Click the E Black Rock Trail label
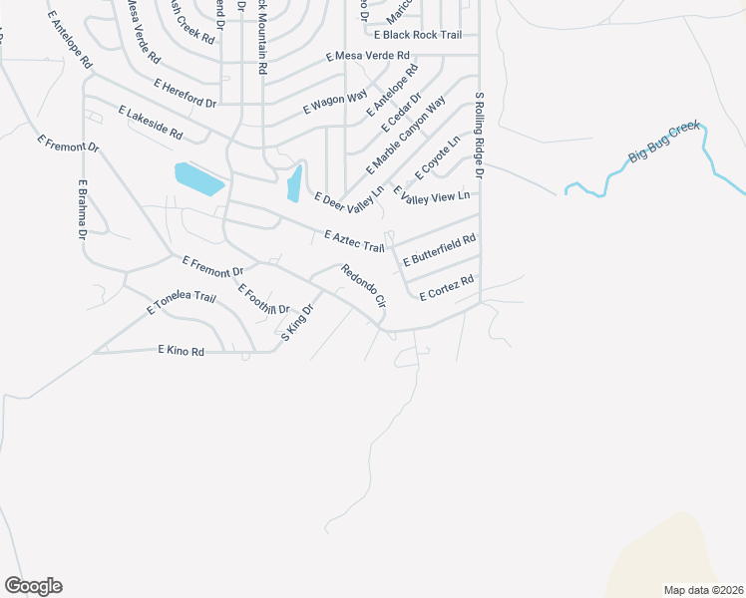418,35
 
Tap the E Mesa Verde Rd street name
368,57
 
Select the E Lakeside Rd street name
151,123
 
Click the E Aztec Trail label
354,240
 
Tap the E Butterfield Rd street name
439,250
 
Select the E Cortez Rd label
446,290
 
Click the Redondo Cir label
362,285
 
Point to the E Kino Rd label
181,350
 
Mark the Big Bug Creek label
665,143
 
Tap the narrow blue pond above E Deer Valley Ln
294,182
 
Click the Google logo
33,586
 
